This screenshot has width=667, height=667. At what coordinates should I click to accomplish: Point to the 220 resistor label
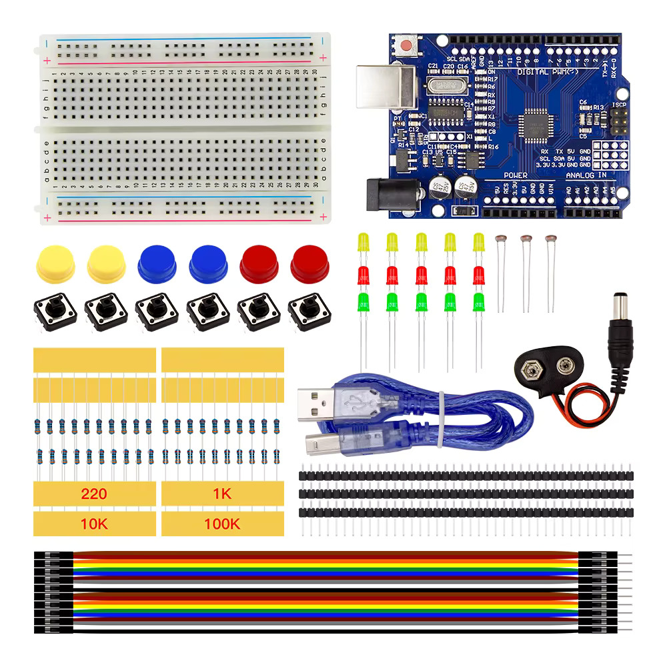(x=94, y=494)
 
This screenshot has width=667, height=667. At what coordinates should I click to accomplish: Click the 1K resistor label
(x=222, y=494)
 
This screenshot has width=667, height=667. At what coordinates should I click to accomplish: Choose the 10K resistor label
(x=94, y=524)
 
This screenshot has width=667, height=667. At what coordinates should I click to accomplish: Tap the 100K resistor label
(x=222, y=524)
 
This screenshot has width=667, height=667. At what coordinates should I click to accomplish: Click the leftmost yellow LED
(x=364, y=241)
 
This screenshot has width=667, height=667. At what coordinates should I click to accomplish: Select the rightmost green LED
(x=479, y=301)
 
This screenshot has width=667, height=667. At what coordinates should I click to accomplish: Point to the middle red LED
(x=421, y=275)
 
